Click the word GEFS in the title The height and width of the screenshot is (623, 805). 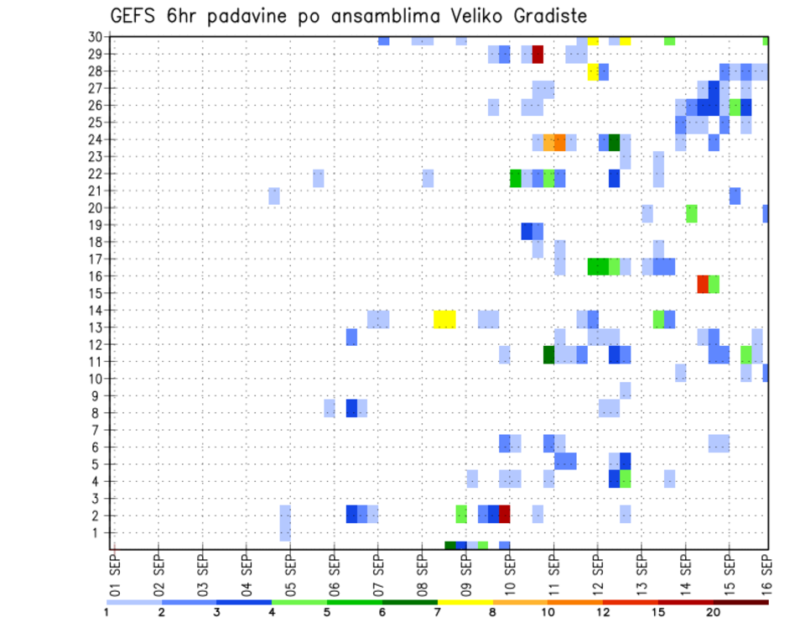(133, 16)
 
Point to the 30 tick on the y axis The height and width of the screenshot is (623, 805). (96, 37)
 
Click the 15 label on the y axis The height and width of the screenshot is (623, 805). (96, 293)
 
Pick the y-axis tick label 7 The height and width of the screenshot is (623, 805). (99, 430)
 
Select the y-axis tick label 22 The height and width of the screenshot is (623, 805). (96, 174)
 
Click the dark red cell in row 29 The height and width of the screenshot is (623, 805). (538, 55)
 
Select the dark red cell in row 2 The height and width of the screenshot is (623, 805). (505, 514)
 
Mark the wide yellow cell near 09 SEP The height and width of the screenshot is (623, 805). (444, 319)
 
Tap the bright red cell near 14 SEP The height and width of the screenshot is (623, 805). (703, 284)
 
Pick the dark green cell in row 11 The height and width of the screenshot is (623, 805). (548, 354)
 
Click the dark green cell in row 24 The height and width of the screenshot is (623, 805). (614, 142)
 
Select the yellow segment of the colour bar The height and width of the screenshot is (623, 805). (465, 602)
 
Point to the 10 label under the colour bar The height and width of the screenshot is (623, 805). (548, 612)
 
